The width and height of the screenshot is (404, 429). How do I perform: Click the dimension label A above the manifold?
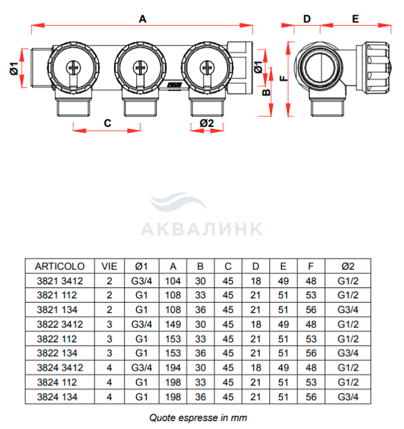tap(142, 19)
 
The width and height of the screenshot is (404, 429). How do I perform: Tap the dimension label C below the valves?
tap(107, 123)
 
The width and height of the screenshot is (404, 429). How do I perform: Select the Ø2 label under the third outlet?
tap(207, 123)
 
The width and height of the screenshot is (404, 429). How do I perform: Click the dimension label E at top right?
tap(355, 18)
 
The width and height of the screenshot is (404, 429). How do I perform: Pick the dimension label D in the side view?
tap(307, 18)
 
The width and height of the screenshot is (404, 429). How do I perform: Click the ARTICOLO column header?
tap(59, 267)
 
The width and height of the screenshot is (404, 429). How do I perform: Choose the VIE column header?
tap(110, 267)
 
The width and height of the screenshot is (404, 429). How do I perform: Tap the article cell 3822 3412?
tap(59, 322)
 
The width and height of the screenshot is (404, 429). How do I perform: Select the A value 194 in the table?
tap(173, 367)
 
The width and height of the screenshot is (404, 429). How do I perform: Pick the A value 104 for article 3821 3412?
tap(173, 281)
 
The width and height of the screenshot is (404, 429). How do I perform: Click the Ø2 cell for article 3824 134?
tap(348, 397)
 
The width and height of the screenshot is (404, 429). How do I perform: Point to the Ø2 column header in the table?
tap(348, 267)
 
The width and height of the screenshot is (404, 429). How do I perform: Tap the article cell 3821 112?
tap(59, 295)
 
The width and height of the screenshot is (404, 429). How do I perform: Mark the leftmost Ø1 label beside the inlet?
tap(13, 70)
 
